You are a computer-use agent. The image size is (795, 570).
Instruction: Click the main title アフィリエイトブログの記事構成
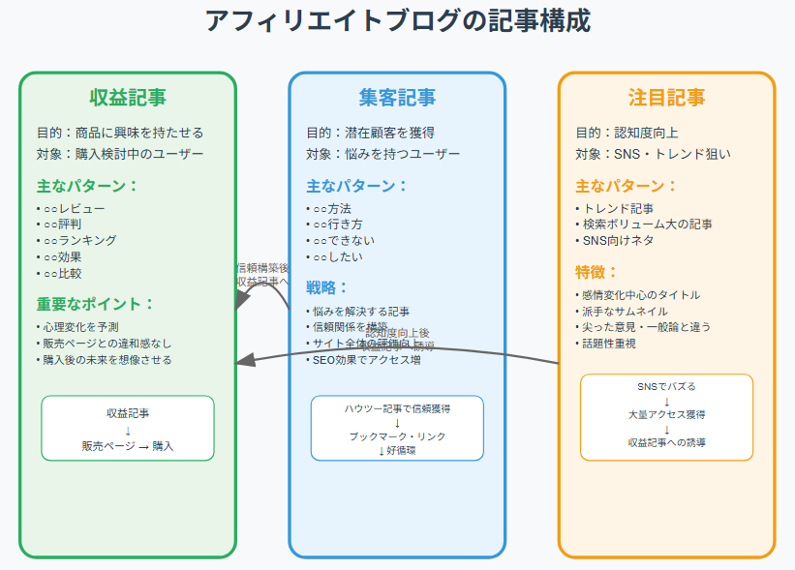pos(397,20)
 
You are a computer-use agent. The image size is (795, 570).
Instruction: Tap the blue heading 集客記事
pos(397,97)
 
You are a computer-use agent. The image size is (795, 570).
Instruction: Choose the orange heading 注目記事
pos(666,97)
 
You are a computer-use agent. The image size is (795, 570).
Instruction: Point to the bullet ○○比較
pos(61,273)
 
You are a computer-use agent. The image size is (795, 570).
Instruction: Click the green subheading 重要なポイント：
pos(95,304)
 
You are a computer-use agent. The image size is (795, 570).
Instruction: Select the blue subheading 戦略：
pos(328,287)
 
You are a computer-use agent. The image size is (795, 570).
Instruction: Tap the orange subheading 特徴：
pos(597,272)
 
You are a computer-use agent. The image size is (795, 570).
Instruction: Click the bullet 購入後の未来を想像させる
pos(106,360)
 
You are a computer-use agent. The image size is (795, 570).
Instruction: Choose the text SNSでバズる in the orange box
pos(666,386)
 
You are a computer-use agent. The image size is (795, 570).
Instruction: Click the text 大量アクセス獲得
pos(666,414)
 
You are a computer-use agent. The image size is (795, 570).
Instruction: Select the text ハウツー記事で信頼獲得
pos(397,408)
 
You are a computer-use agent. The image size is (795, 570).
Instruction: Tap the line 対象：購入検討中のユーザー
pos(120,154)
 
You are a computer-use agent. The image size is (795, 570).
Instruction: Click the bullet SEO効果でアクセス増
pos(367,360)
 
